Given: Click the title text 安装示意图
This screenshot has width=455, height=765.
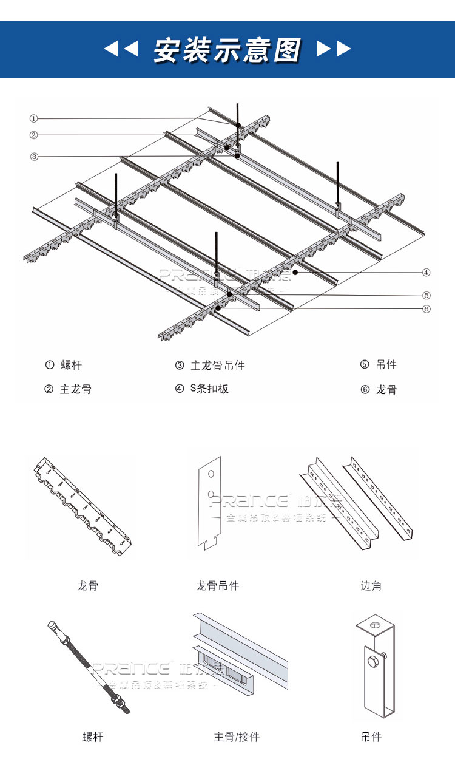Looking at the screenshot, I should (227, 50).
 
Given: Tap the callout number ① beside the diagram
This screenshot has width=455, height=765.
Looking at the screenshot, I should (34, 118).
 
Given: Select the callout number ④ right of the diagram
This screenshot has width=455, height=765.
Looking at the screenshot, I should (426, 272).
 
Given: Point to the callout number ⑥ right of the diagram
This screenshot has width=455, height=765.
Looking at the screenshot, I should (426, 309).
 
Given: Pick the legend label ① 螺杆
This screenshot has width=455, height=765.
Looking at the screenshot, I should (64, 365).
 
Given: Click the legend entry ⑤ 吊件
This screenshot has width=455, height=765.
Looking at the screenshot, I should (379, 365).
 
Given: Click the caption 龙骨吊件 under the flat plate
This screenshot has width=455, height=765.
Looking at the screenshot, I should (217, 586).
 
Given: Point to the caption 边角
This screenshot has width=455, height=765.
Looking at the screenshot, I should (371, 586).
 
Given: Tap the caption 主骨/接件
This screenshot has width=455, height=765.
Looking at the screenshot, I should (236, 737).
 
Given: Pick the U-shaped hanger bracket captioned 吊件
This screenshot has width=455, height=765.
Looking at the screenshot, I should (376, 668).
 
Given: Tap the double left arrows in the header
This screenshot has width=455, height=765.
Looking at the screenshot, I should (121, 49).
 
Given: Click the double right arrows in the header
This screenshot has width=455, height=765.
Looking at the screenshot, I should (334, 49).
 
